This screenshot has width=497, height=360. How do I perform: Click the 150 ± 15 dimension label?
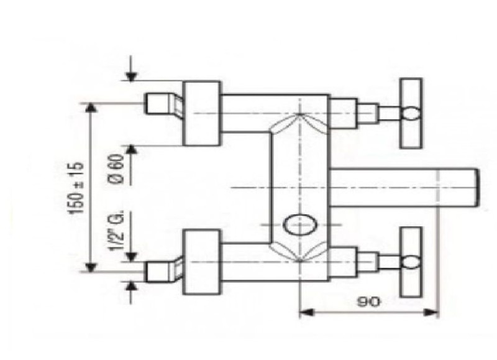(x=76, y=188)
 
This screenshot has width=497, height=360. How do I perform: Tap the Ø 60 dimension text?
(x=116, y=168)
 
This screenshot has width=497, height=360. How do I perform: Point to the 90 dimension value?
(x=368, y=302)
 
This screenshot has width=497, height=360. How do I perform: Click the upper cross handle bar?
(x=411, y=113)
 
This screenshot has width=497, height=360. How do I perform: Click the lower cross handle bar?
(x=411, y=262)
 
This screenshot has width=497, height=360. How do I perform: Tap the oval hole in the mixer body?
(x=299, y=224)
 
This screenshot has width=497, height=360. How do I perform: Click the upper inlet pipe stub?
(x=163, y=103)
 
